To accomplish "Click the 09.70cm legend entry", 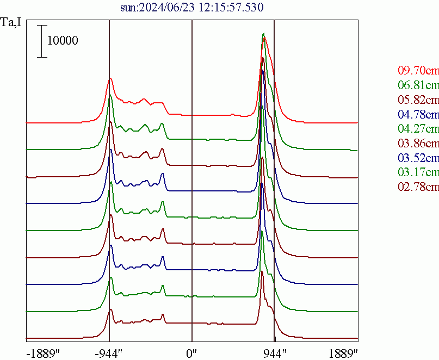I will [x=418, y=71].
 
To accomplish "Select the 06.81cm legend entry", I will [x=418, y=85].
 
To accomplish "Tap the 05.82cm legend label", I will [x=418, y=100].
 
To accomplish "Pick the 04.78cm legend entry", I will [x=418, y=115].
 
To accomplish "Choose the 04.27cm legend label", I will [x=418, y=129].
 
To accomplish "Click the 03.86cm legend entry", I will [x=418, y=144].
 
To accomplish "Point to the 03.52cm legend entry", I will [x=418, y=158].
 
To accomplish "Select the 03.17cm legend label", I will [x=418, y=173].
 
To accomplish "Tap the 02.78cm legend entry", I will [x=418, y=187].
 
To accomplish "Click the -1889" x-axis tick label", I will [x=43, y=353].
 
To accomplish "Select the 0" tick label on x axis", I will [x=192, y=353].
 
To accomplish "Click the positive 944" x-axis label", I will [x=275, y=353].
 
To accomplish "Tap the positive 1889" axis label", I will [x=343, y=353].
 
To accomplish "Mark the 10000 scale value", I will [x=63, y=41].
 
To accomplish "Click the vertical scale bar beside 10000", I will [x=41, y=41].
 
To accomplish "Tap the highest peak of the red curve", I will [x=264, y=37].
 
